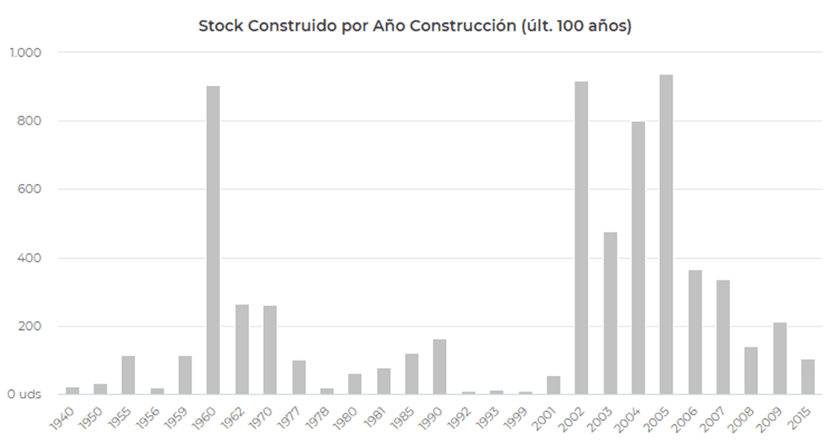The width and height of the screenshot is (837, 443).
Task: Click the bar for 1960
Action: (x=213, y=240)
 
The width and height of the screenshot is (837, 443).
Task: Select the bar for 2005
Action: (x=666, y=234)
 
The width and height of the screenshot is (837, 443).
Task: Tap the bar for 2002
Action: (x=581, y=238)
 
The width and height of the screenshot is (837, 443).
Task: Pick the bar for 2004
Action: (x=638, y=257)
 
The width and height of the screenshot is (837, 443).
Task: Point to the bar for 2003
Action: (x=610, y=313)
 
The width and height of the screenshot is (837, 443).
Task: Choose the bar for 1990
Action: (x=440, y=366)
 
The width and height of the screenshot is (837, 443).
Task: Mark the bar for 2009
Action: (x=779, y=358)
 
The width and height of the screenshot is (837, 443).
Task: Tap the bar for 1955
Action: (x=128, y=375)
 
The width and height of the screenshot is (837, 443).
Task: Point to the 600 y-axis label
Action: (x=31, y=189)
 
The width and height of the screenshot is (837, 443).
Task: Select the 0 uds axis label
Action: (x=24, y=394)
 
